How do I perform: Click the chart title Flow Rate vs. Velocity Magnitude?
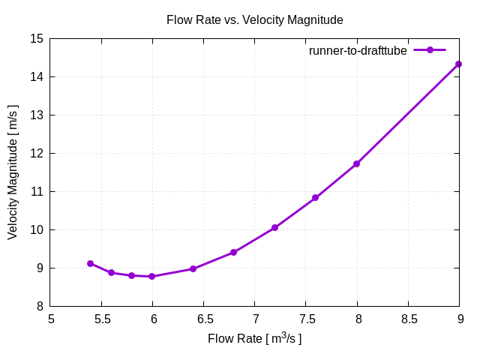pos(254,20)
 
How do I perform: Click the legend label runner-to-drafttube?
pos(358,50)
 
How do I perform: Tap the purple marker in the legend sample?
pos(430,50)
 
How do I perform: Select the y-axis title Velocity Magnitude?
pos(13,172)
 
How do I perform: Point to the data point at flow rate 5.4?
pos(91,263)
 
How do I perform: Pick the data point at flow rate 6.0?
pos(152,277)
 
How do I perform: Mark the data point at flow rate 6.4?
pos(193,268)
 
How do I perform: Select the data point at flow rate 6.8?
pos(234,252)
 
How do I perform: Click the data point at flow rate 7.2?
pos(275,227)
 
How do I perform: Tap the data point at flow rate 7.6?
pos(316,198)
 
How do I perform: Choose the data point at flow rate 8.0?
pos(357,163)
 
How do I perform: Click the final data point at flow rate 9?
pos(459,64)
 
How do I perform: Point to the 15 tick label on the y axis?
pos(36,39)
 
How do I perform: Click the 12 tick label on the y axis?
pos(36,154)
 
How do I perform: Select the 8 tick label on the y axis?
pos(39,306)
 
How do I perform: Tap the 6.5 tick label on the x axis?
pos(204,319)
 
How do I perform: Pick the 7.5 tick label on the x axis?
pos(306,319)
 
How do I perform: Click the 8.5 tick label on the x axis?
pos(408,319)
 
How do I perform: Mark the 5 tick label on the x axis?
pos(51,319)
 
